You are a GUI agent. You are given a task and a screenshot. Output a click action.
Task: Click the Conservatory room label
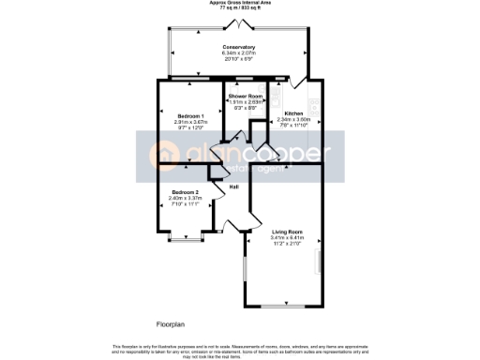[239, 47]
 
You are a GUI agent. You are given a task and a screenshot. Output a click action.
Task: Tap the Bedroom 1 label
[190, 115]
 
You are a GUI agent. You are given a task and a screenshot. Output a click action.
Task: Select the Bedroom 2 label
[184, 192]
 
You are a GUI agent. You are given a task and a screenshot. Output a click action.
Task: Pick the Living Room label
[286, 232]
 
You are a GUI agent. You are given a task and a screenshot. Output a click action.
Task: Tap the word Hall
[234, 187]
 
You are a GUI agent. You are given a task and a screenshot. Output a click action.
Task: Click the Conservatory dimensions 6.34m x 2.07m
[239, 53]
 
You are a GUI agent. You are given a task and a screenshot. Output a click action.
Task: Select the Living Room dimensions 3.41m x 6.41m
[286, 238]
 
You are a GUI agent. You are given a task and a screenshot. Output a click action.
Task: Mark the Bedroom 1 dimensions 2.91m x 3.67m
[190, 122]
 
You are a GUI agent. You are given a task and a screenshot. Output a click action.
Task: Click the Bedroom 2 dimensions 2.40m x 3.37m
[184, 199]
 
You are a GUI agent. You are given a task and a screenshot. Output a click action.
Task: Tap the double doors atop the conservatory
[240, 23]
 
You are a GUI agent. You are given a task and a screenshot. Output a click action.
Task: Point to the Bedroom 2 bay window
[184, 242]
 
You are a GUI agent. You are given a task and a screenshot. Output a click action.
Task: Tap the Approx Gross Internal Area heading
[240, 4]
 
